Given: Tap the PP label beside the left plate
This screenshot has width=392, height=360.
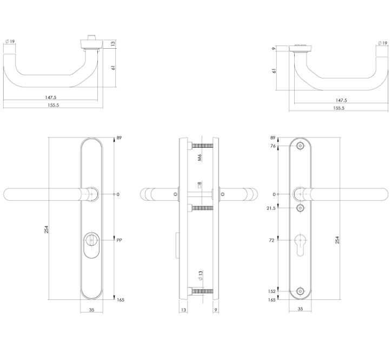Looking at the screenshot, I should [x=119, y=239].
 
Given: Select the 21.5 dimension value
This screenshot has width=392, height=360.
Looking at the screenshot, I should [x=271, y=208].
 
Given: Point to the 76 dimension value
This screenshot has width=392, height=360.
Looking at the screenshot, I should [x=273, y=146].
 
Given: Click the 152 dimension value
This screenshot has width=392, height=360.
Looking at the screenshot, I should [x=272, y=291].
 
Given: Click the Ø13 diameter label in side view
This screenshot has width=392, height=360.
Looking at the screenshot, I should [x=199, y=276].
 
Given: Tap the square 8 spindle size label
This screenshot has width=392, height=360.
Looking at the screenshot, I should [x=199, y=185].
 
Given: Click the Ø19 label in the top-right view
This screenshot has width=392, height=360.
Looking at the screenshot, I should [x=382, y=43].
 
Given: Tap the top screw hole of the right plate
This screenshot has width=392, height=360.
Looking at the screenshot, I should [x=301, y=146].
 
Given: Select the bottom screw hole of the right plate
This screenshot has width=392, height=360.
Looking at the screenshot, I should [x=301, y=291].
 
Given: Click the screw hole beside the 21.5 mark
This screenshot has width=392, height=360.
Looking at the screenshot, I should [x=301, y=208].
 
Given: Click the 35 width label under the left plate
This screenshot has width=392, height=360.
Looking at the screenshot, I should [x=92, y=311].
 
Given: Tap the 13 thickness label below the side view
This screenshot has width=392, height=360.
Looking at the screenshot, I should [x=184, y=311].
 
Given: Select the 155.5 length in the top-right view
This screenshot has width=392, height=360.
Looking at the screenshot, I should [x=339, y=108].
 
